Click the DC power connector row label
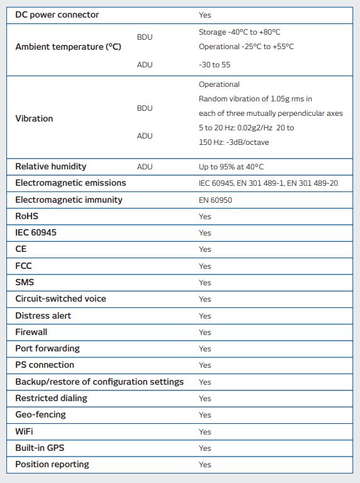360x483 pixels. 57,14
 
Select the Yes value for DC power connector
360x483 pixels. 205,15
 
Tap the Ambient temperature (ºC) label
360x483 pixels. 68,47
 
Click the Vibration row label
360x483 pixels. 34,118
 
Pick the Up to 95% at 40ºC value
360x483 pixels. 231,167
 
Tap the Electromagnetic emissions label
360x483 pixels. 70,183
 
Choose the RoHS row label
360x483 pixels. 26,216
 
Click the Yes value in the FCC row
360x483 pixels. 205,266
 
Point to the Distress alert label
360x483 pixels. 43,315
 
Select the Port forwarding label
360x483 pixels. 47,348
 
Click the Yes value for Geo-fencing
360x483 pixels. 205,415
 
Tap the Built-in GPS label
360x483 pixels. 40,448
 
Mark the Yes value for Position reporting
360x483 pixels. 205,465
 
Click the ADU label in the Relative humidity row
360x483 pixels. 145,167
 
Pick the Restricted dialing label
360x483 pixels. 51,398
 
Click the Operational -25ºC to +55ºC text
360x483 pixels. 246,47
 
